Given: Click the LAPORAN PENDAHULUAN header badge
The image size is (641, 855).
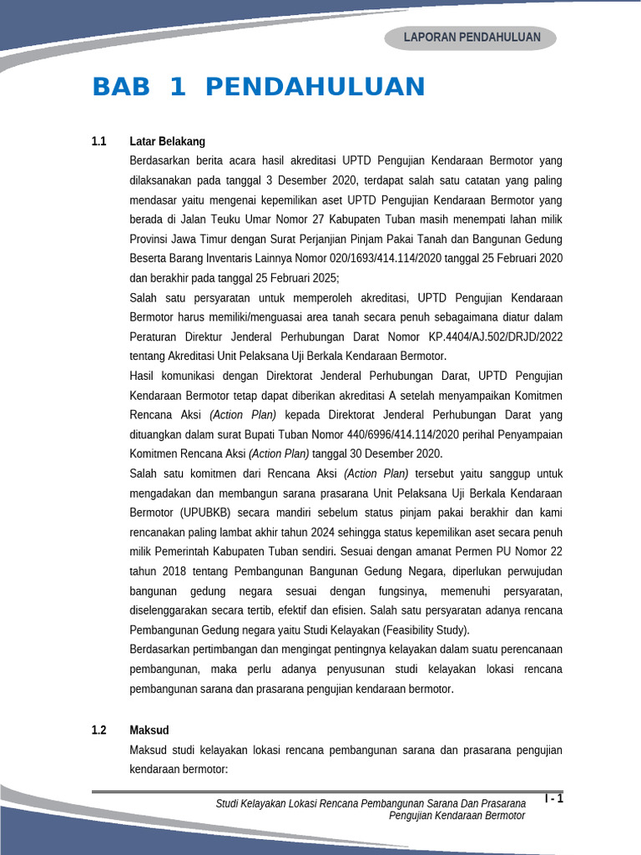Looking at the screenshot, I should [x=472, y=38].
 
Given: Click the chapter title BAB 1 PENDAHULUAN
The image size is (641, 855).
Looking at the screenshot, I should [x=259, y=87].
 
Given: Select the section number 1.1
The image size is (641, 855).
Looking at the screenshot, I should [x=99, y=141].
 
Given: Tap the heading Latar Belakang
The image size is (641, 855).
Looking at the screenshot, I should [x=168, y=141].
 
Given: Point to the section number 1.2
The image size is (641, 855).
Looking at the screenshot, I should [x=99, y=730].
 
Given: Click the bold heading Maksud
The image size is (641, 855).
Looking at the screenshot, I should [x=149, y=730].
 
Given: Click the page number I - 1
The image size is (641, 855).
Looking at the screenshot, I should [x=554, y=799].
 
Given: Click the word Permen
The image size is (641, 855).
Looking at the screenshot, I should [x=473, y=552].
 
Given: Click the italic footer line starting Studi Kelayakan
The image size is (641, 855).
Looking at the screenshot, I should [x=371, y=803].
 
